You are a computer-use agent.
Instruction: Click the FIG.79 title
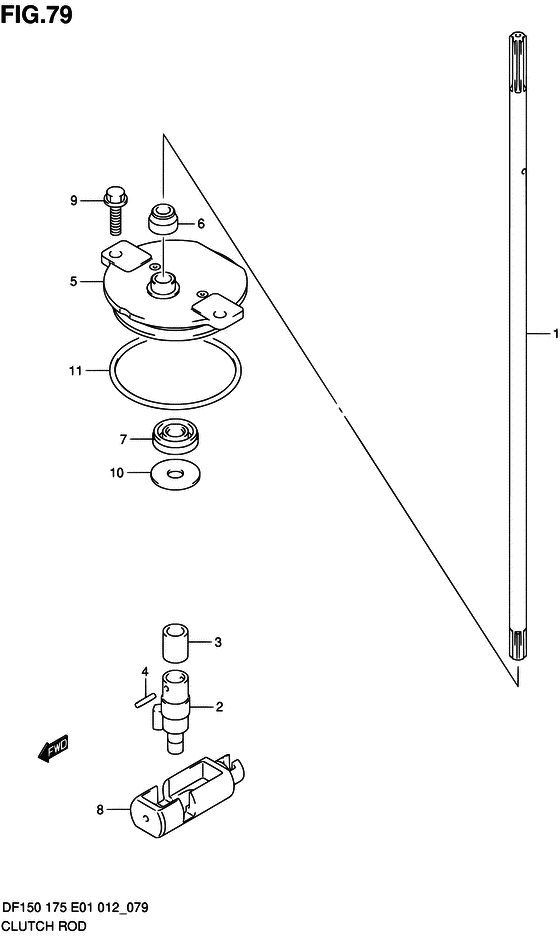click(x=36, y=14)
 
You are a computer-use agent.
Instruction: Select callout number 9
click(x=74, y=200)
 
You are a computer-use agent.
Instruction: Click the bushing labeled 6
click(x=163, y=219)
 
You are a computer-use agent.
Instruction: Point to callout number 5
click(x=74, y=280)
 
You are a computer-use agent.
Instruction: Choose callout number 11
click(x=75, y=371)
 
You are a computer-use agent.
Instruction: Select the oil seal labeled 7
click(x=176, y=437)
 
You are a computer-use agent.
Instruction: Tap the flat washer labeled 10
click(x=176, y=474)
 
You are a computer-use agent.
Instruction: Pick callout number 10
click(x=117, y=473)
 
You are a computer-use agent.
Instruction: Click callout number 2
click(x=219, y=706)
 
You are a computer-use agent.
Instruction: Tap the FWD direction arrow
click(x=53, y=749)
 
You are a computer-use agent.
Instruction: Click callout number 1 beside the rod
click(x=556, y=333)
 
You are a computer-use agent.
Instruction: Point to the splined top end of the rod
click(x=518, y=63)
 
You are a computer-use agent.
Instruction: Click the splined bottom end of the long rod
click(x=518, y=644)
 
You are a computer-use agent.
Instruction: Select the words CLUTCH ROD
click(x=45, y=926)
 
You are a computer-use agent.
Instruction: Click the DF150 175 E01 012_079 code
click(x=76, y=908)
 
